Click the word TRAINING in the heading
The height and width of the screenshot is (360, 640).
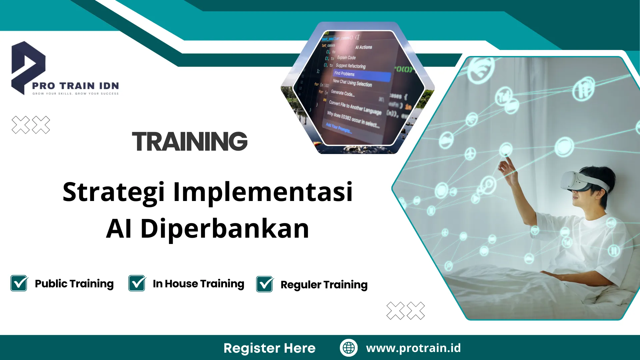190,141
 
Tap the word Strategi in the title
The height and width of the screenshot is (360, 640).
113,192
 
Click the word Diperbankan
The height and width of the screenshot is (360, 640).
225,229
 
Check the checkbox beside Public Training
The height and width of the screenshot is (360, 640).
19,283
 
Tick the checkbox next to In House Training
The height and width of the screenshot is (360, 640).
137,283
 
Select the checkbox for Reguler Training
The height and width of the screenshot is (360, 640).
265,284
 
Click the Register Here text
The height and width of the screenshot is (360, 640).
269,348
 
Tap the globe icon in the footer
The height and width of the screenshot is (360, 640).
349,348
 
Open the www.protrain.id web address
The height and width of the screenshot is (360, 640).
413,348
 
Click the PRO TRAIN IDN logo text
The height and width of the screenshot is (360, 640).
75,86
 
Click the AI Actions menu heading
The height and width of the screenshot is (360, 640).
363,47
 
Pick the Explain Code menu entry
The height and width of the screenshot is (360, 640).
346,58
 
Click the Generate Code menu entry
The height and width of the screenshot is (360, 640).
342,93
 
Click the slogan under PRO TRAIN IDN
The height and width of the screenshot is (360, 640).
75,94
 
